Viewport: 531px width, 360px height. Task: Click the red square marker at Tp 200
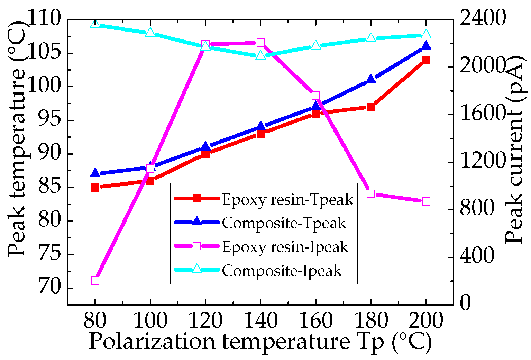pos(426,60)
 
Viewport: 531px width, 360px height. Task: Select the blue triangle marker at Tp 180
pos(371,79)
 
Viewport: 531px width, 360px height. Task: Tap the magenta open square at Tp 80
pos(95,280)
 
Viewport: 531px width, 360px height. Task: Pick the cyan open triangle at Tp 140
pos(260,55)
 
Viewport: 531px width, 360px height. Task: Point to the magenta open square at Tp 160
pos(315,96)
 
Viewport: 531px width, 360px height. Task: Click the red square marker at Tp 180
pos(371,107)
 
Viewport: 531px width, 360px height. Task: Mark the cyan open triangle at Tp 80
pos(95,24)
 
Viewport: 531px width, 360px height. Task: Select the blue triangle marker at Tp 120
pos(205,146)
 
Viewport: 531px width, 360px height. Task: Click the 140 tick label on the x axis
pos(260,321)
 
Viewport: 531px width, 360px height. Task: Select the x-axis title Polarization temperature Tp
pos(260,342)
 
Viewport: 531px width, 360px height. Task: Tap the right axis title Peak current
pos(514,149)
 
